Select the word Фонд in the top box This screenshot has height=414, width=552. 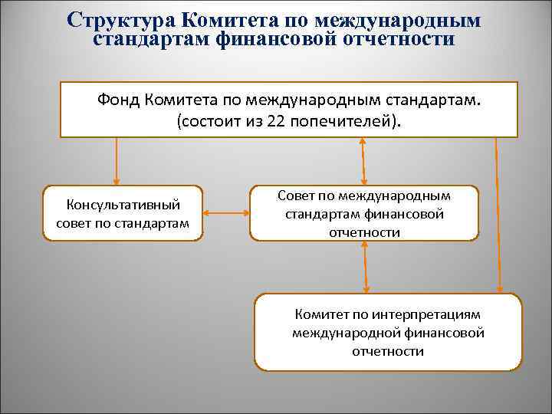pos(120,100)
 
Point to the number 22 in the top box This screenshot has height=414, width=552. pos(278,123)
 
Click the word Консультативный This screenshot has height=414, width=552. pos(123,205)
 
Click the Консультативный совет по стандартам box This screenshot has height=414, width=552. pos(123,214)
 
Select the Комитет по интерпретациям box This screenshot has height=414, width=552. pos(388,332)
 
